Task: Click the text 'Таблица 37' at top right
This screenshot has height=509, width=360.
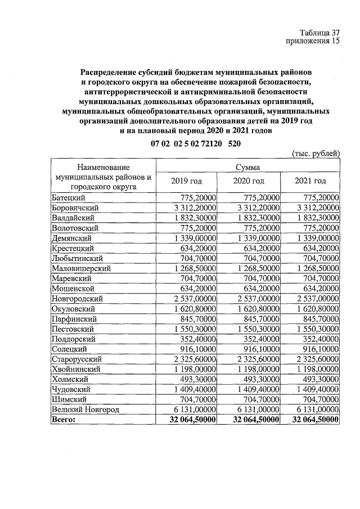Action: click(319, 33)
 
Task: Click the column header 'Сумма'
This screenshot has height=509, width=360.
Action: click(247, 167)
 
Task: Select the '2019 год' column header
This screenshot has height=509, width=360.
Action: click(186, 181)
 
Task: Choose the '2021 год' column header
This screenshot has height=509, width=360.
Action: click(310, 181)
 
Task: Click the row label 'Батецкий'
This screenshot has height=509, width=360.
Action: click(69, 197)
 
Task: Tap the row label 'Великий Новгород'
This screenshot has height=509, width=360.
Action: click(85, 410)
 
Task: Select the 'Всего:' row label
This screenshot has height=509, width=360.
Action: click(63, 420)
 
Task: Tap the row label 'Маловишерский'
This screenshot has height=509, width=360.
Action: click(81, 268)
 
